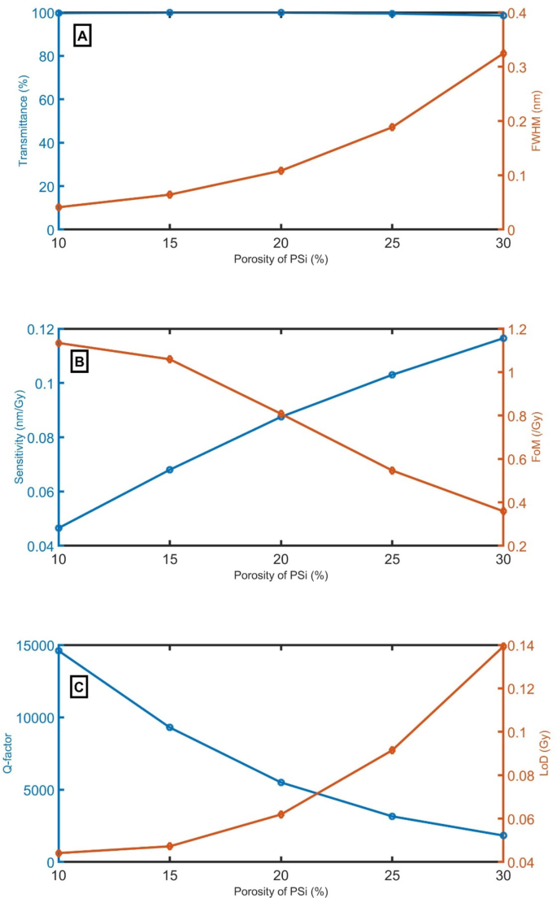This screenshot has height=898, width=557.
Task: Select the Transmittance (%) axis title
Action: tap(23, 121)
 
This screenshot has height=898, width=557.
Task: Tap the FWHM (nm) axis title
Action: tap(537, 121)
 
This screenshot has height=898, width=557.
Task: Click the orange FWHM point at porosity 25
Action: tap(392, 127)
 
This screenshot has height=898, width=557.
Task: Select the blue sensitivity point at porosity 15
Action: tap(169, 470)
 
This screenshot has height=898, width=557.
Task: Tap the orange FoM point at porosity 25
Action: tap(392, 471)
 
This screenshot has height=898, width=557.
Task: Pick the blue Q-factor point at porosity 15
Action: tap(169, 727)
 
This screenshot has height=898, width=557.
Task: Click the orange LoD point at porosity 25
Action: tap(392, 750)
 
